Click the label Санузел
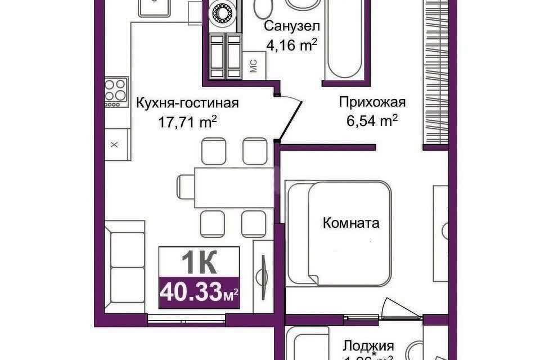point(292,26)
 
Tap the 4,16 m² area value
point(292,44)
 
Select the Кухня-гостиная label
point(187,103)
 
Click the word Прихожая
point(372,102)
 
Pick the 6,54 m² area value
point(372,120)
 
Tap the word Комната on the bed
point(350,223)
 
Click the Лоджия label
point(368,345)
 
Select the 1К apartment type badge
point(199,262)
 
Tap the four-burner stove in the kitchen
point(116,91)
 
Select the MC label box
point(253,65)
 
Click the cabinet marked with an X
point(115,145)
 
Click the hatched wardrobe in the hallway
point(436,73)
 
